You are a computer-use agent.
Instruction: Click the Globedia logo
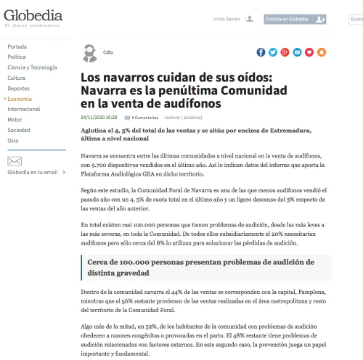33,16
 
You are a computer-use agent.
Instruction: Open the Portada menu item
17,46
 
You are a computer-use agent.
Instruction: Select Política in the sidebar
17,57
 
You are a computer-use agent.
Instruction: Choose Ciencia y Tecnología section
32,67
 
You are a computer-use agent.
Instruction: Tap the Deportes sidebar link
19,88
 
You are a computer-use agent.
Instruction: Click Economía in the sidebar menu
20,98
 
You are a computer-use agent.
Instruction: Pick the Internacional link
24,109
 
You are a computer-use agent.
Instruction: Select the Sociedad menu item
19,130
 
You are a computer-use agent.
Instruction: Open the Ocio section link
13,140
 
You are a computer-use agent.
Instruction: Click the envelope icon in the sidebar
15,161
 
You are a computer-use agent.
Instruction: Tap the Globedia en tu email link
32,173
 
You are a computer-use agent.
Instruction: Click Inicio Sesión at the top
227,19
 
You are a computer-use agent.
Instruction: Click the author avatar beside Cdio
89,52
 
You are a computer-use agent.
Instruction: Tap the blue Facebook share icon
261,52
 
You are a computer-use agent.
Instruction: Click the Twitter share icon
273,52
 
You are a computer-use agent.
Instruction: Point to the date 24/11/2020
99,117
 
